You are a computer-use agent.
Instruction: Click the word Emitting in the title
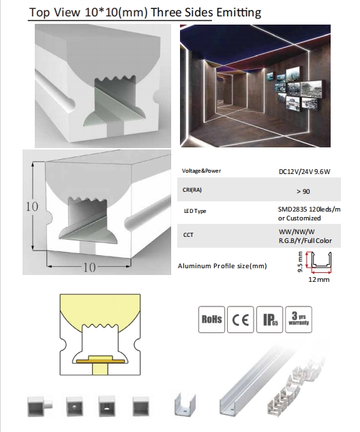(x=239, y=13)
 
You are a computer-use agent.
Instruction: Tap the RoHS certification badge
(x=211, y=319)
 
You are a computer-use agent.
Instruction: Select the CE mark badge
(x=240, y=319)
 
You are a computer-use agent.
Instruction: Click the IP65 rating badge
(x=269, y=319)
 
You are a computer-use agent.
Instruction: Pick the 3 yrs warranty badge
(x=299, y=319)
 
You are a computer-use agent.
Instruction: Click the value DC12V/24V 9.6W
(x=304, y=172)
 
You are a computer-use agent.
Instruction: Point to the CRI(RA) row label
(x=192, y=190)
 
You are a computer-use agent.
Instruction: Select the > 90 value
(x=303, y=191)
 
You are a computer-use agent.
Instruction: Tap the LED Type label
(x=195, y=211)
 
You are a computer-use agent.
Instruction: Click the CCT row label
(x=188, y=235)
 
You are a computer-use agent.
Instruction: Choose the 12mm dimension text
(x=318, y=279)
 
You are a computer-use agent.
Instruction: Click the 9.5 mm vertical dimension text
(x=300, y=262)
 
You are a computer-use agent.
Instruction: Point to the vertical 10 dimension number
(x=32, y=206)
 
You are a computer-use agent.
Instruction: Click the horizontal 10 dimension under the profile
(x=89, y=268)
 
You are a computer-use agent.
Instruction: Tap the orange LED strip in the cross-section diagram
(x=100, y=361)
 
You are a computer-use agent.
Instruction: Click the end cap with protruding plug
(x=40, y=406)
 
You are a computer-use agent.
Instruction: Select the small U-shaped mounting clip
(x=185, y=405)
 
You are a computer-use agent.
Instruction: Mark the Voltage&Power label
(x=201, y=171)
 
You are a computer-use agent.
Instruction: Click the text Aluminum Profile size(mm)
(x=222, y=266)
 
